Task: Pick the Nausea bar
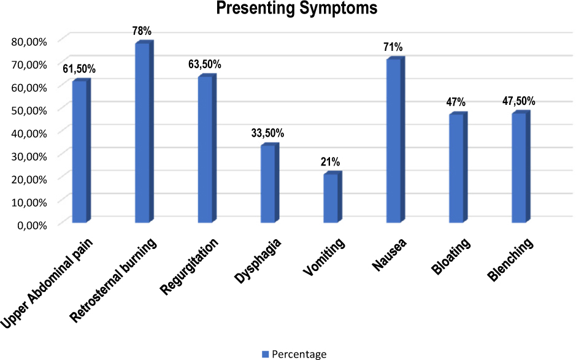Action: [x=394, y=140]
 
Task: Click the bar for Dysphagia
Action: [x=268, y=184]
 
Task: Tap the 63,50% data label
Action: [x=205, y=64]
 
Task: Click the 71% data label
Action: [x=394, y=47]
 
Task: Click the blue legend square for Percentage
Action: [x=266, y=354]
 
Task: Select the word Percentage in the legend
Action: [x=299, y=354]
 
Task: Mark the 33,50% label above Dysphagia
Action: [x=268, y=133]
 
